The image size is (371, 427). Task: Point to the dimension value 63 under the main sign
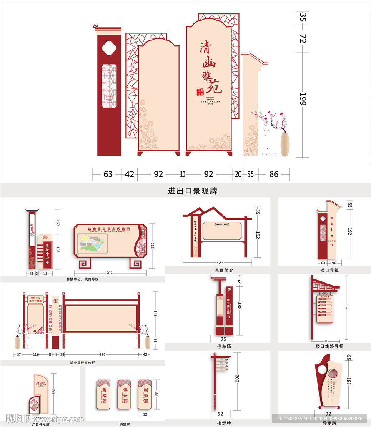click(108, 174)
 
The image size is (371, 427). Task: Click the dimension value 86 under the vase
click(273, 174)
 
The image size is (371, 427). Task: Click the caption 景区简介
click(224, 270)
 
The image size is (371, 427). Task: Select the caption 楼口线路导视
click(327, 346)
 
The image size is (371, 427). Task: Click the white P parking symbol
click(228, 290)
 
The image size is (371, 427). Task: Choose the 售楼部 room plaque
click(104, 394)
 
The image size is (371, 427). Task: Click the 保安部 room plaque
click(124, 394)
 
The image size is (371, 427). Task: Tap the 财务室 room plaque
click(145, 394)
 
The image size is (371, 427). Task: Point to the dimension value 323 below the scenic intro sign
click(220, 263)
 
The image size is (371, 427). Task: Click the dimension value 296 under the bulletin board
click(103, 354)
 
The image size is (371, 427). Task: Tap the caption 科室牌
click(125, 424)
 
